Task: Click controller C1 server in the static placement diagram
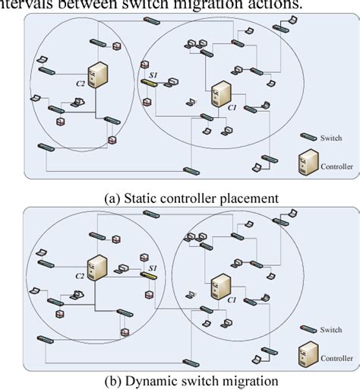click(x=220, y=97)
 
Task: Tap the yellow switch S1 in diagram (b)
click(x=148, y=274)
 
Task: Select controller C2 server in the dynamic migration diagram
click(x=96, y=266)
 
